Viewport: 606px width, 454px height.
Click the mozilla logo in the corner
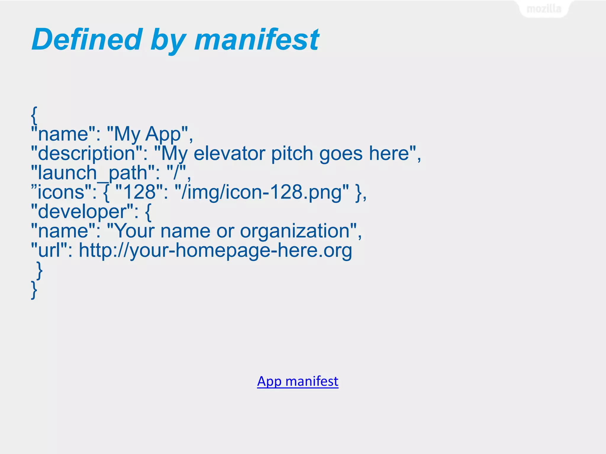[x=544, y=9]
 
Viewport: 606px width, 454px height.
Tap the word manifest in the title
[x=257, y=39]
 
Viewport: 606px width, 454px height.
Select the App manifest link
[x=298, y=381]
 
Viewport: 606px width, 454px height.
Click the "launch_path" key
[x=93, y=173]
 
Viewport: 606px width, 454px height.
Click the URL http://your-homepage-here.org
[x=215, y=251]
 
